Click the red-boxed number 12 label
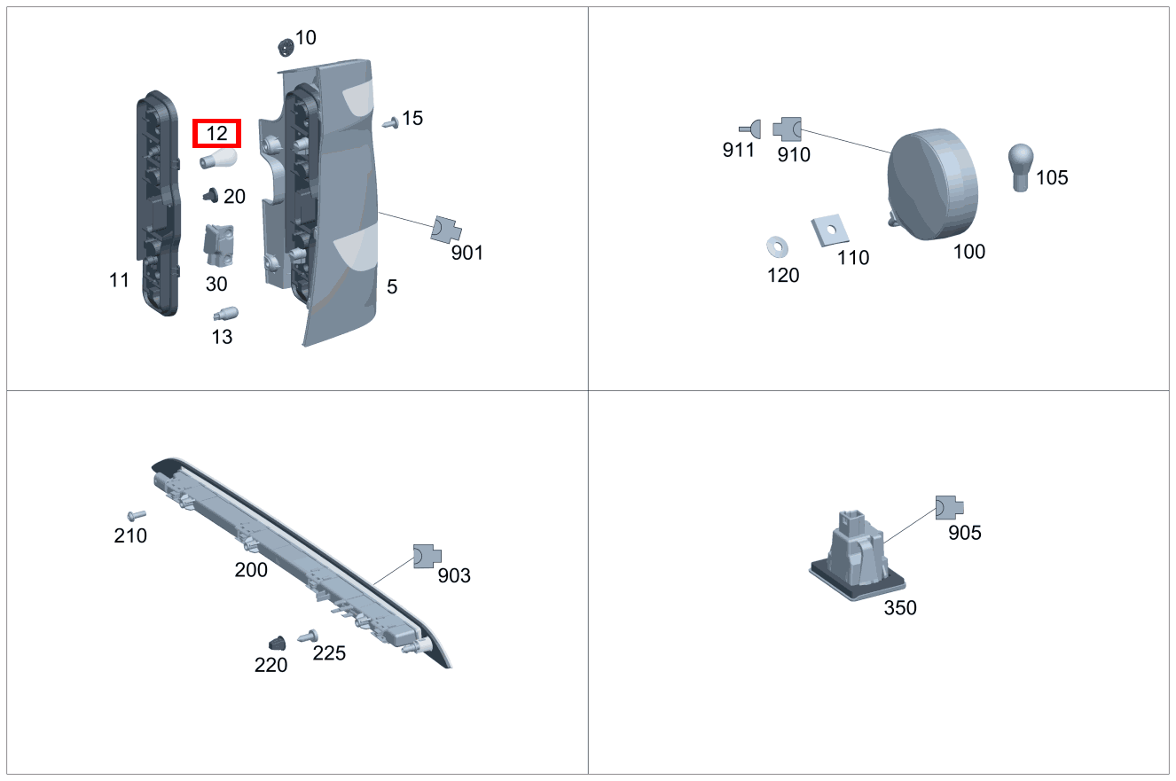tap(217, 134)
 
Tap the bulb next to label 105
tap(1021, 166)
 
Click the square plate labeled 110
tap(830, 230)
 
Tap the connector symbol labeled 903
tap(426, 557)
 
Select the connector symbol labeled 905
tap(948, 508)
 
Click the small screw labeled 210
tap(136, 514)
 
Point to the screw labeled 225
tap(310, 636)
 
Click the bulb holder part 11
tap(158, 204)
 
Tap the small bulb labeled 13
tap(224, 314)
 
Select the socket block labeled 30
tap(218, 245)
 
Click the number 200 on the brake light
tap(251, 570)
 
